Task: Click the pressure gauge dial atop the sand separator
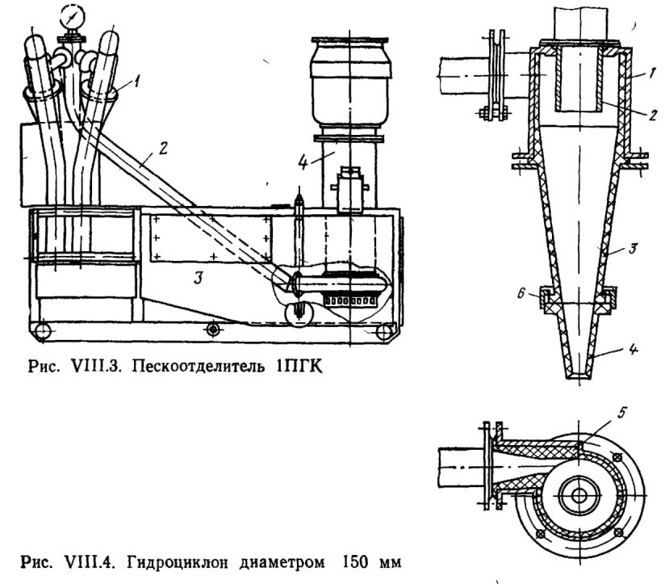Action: click(x=73, y=18)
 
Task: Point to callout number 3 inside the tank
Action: click(x=198, y=278)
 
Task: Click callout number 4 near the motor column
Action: click(x=303, y=162)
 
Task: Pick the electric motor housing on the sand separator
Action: click(x=349, y=81)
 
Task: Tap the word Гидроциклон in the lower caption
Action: click(x=178, y=563)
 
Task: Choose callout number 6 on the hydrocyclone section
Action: click(x=521, y=293)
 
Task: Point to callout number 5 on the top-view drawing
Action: click(x=621, y=413)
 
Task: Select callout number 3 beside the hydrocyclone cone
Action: click(x=633, y=248)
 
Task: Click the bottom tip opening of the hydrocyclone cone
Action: click(x=579, y=376)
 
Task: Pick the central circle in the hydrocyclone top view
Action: click(x=579, y=495)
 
